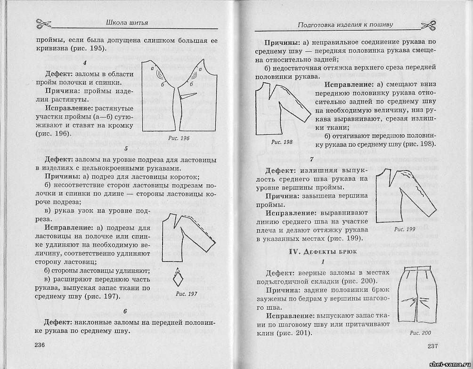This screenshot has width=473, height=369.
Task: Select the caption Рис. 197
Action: coord(186,294)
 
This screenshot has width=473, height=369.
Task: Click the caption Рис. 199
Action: coord(404,229)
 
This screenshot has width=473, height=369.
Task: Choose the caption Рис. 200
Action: coord(420,333)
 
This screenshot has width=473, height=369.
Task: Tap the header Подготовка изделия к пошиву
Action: coord(346,24)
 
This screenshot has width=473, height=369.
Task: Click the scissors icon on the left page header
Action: coord(42,23)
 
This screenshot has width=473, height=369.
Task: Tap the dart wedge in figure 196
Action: coord(188,96)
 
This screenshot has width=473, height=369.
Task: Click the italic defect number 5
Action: coord(126,149)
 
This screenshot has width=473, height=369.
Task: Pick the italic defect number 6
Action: coord(125,311)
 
